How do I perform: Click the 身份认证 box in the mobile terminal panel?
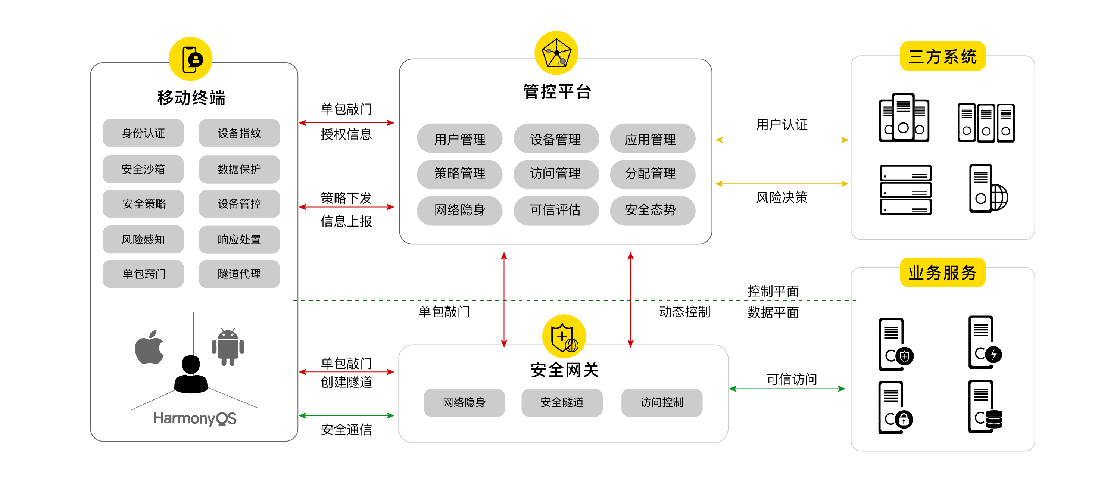coord(143,133)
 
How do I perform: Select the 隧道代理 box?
coord(239,274)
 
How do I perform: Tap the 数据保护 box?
coord(239,169)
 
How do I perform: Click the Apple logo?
coord(149,348)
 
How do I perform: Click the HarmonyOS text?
coord(194,418)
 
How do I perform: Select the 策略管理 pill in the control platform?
coord(459,174)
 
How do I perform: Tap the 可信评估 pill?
coord(556,211)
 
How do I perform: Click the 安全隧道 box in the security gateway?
coord(562,403)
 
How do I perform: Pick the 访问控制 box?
coord(661,403)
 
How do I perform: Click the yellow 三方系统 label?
coord(942,56)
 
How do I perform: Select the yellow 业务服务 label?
coord(942,273)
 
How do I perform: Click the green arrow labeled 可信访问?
coord(787,389)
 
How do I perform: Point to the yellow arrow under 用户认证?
coord(782,140)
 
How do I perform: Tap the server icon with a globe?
coord(988,189)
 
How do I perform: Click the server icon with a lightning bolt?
coord(985,343)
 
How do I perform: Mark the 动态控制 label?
coord(684,312)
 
